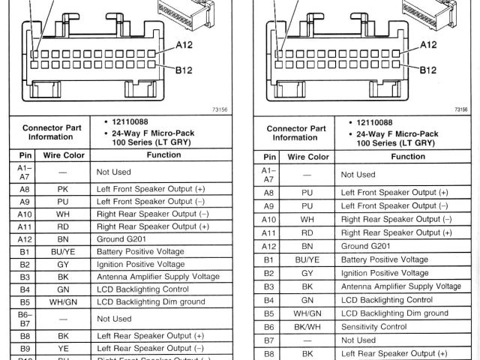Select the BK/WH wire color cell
307,327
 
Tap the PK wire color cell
63,190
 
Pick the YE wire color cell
63,348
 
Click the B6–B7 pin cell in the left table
25,318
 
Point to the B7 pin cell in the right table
269,340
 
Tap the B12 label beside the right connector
428,70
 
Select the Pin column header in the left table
25,155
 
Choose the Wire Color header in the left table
63,155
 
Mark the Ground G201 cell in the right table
365,246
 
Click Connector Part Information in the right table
296,133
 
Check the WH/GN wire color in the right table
307,313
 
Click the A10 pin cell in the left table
25,214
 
